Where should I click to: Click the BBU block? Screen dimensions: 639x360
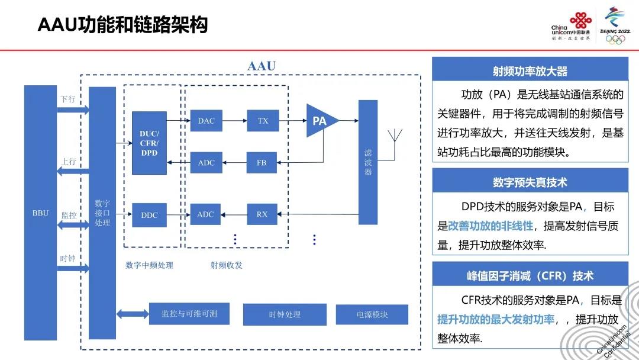[40, 213]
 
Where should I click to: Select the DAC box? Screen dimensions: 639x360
[206, 121]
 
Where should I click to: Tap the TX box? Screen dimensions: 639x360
[263, 121]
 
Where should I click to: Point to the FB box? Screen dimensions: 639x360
[262, 163]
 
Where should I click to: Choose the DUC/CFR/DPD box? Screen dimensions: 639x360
[149, 143]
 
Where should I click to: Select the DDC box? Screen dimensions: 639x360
[149, 215]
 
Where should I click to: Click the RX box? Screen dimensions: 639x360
[262, 214]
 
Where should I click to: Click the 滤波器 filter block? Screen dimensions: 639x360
[368, 162]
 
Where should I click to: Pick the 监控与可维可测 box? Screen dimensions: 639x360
[189, 314]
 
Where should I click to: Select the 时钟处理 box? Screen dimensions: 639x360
[285, 314]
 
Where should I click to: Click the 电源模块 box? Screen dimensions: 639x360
[372, 314]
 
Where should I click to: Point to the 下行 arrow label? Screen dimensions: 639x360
[68, 99]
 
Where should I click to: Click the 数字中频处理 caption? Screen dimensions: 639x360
[150, 265]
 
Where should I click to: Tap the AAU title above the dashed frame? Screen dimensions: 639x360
[262, 66]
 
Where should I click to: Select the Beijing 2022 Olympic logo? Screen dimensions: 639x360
[615, 25]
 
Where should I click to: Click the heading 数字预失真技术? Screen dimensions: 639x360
[530, 182]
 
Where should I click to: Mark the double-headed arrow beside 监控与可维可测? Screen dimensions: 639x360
[133, 314]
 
